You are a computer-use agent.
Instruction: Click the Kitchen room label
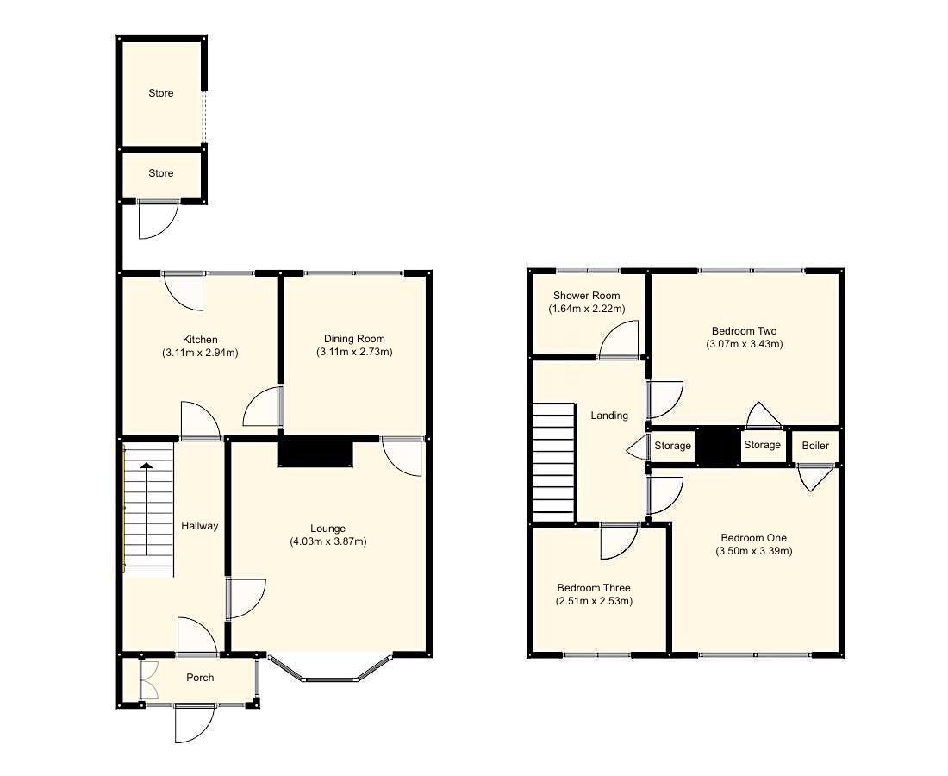click(200, 340)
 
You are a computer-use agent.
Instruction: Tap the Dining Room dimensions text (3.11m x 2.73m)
click(354, 352)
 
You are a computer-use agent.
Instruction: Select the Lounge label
click(328, 529)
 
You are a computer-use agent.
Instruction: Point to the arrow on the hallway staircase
click(147, 509)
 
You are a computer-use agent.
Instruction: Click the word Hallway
click(199, 526)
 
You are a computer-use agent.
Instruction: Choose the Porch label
click(200, 678)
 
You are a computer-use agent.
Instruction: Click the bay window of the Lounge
click(330, 673)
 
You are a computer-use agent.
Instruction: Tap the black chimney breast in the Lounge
click(315, 454)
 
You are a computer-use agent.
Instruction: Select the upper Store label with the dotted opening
click(161, 93)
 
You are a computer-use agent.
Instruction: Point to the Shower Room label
click(586, 296)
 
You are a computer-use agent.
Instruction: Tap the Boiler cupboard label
click(815, 446)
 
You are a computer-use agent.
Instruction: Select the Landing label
click(608, 416)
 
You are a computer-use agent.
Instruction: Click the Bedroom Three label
click(594, 588)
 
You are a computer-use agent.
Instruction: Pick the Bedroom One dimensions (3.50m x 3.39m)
click(754, 551)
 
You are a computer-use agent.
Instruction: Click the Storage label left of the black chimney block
click(672, 446)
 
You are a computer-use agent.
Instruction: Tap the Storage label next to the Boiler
click(762, 445)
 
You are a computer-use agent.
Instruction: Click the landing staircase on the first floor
click(553, 461)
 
